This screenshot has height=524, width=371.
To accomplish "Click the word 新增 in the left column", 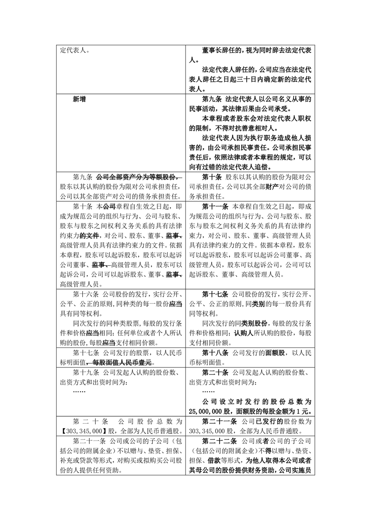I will tap(79, 99).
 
